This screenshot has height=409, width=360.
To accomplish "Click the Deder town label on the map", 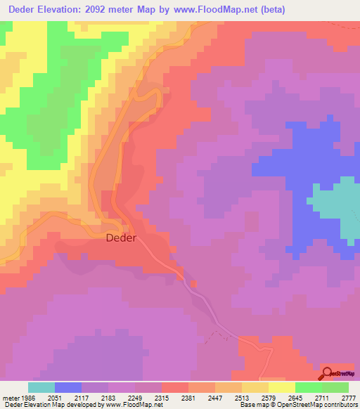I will coord(120,238).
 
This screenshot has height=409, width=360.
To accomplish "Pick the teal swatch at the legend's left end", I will coord(41,387).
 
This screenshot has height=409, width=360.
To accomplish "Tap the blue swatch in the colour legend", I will coord(68,387).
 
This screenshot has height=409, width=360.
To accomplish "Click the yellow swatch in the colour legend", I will coord(281,387).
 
